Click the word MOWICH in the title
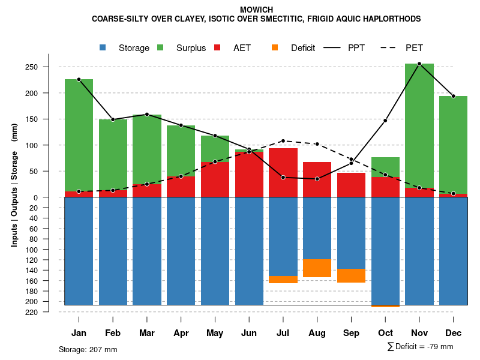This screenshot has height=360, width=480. [x=256, y=10]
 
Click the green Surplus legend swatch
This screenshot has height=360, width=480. [x=160, y=47]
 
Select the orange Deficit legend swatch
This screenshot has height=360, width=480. [x=275, y=47]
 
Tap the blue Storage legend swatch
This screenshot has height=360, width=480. [x=103, y=47]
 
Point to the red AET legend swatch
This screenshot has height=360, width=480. [x=217, y=47]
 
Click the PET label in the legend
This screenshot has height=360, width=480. [x=414, y=48]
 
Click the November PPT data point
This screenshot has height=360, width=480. [x=419, y=64]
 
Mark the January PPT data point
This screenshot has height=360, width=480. [x=79, y=79]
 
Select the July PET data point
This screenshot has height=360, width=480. [x=283, y=141]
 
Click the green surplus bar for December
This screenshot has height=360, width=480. [x=453, y=144]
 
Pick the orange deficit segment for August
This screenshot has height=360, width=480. [x=317, y=268]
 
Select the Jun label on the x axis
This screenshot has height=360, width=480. [x=249, y=333]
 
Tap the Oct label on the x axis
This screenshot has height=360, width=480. [x=385, y=333]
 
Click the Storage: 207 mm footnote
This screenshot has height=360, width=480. [x=88, y=349]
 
